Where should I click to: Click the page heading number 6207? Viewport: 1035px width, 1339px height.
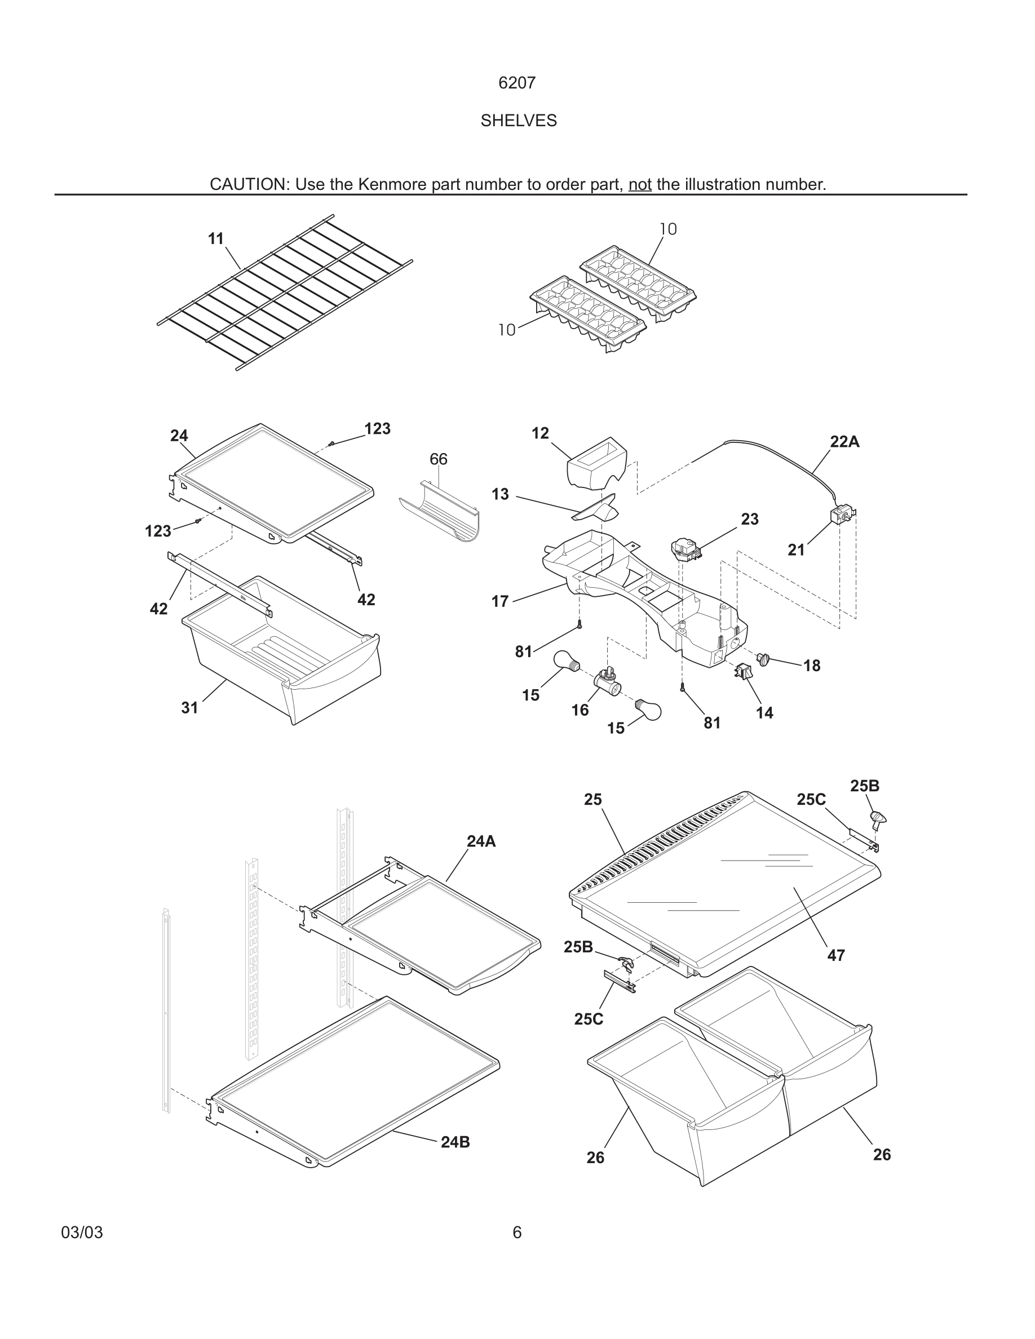[x=517, y=83]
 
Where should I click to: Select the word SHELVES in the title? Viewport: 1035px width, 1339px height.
[x=518, y=121]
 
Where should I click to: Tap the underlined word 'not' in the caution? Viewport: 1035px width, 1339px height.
[x=639, y=184]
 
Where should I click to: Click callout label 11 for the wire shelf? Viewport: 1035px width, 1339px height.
[x=216, y=238]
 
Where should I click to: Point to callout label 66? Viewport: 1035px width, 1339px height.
[x=439, y=459]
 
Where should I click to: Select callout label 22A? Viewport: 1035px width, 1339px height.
[x=844, y=441]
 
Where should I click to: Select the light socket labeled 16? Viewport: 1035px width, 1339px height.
[x=603, y=680]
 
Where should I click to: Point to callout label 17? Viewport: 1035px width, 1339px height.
[x=501, y=601]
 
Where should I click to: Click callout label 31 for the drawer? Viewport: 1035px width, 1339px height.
[x=189, y=707]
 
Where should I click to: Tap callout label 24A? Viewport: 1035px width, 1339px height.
[x=481, y=841]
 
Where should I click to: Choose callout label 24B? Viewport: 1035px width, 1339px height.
[x=455, y=1142]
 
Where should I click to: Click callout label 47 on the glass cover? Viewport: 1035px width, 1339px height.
[x=836, y=955]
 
